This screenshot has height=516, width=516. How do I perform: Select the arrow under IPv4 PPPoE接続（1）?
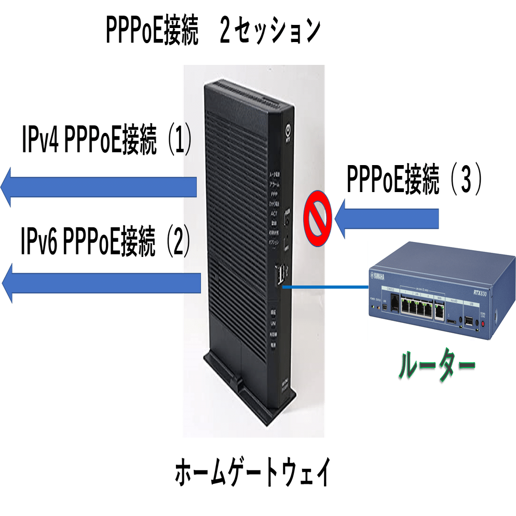(99, 187)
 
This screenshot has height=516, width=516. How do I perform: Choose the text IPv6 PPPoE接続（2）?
(106, 241)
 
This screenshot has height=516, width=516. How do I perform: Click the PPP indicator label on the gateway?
(274, 193)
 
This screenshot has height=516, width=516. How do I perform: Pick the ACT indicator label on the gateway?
(274, 212)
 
